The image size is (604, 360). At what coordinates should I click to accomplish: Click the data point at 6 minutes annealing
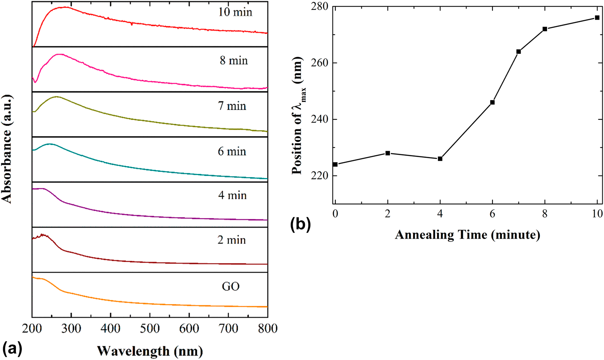[x=492, y=102]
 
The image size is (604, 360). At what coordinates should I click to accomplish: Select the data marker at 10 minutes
[x=597, y=18]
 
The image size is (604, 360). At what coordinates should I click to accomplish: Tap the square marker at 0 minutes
[x=335, y=165]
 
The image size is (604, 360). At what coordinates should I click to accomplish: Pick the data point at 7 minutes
[x=519, y=52]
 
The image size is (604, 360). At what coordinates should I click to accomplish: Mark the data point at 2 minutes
[x=387, y=153]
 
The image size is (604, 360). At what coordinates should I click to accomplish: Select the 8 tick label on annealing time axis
[x=545, y=213]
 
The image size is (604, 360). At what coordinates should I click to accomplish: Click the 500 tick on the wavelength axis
[x=150, y=328]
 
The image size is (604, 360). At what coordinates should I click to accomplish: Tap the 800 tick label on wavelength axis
[x=267, y=328]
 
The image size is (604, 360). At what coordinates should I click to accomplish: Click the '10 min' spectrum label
[x=235, y=12]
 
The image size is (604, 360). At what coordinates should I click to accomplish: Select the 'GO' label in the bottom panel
[x=230, y=286]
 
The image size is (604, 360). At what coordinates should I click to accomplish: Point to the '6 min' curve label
[x=232, y=151]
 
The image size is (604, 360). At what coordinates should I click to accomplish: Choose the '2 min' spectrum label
[x=232, y=240]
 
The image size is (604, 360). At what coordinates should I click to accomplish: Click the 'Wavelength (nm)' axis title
[x=150, y=351]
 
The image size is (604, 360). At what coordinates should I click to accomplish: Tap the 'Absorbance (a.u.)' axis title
[x=7, y=149]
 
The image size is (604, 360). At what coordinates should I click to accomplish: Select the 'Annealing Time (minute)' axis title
[x=467, y=235]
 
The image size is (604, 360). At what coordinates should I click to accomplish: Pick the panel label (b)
[x=300, y=224]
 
